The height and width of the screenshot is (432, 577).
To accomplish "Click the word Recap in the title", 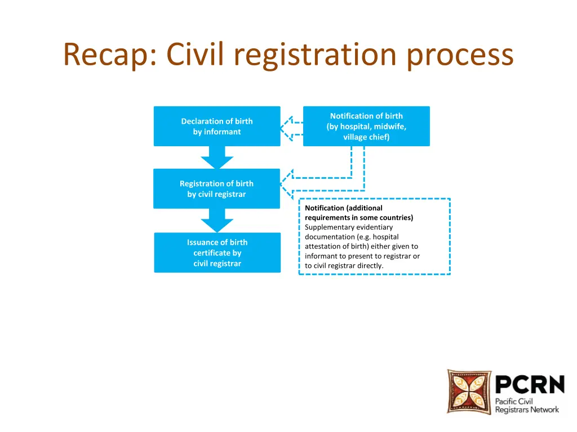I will coord(103,55).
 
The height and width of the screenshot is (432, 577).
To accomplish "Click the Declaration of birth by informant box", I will coord(217,126).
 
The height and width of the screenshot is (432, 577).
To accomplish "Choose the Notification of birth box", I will coord(366,126).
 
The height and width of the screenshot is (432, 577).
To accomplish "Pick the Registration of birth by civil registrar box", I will coord(217,188).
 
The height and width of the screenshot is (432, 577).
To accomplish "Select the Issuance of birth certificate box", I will coord(217,253).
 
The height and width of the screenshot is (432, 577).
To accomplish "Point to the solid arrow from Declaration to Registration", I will coord(217,157).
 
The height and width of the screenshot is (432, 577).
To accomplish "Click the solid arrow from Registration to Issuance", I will coord(217,220).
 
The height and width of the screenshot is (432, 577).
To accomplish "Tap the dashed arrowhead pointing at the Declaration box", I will coord(287,129).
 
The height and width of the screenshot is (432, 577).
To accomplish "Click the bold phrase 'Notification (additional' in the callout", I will coord(344,208).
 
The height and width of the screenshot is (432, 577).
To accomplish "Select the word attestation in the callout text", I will coord(325,246).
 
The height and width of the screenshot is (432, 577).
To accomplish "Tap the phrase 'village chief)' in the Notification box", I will coord(366,137).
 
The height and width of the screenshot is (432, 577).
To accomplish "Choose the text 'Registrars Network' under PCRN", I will coord(527,409).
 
